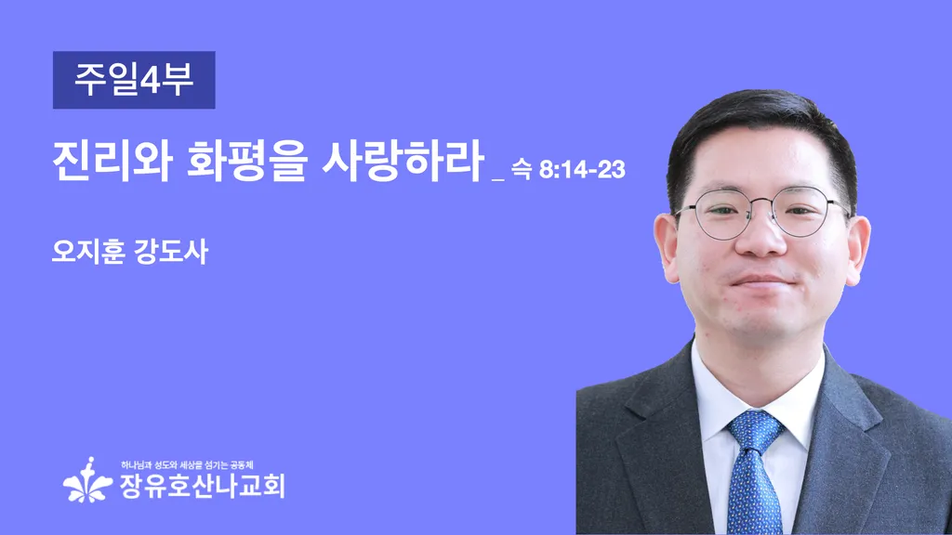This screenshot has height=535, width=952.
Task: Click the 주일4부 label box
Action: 134,80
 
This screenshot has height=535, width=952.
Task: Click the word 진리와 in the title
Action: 112,161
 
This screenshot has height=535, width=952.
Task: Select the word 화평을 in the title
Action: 246,161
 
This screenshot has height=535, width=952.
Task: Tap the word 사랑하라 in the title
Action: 403,161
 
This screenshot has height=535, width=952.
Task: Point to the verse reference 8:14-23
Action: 582,170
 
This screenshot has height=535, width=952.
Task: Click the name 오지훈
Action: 88,251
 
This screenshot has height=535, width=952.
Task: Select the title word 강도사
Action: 171,251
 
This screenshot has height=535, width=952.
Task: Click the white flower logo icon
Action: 87,480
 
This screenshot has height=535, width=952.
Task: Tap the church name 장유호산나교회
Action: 202,486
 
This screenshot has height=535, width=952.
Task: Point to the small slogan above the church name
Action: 187,465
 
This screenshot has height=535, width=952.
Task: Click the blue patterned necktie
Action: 753,470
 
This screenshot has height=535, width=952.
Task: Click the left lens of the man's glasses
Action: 723,214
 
